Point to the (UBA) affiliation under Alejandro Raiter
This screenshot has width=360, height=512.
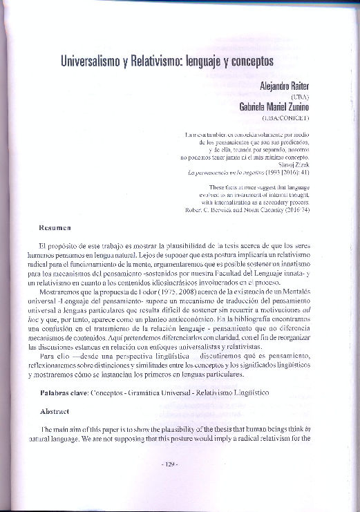(x=300, y=97)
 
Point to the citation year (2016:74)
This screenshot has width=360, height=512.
(x=295, y=209)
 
